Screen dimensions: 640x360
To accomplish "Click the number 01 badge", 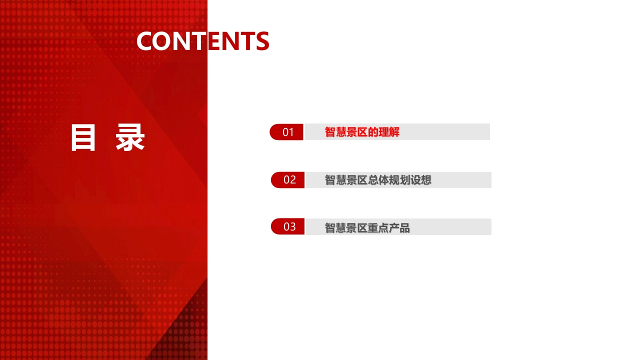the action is coord(286,132).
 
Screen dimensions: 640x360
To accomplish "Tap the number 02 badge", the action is coord(287,180).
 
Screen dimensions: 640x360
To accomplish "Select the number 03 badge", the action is coord(287,226).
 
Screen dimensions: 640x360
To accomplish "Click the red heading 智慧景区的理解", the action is coord(362,132).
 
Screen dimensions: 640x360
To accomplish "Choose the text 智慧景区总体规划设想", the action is coord(378,180).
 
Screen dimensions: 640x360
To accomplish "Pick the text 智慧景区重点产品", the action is coord(367,228).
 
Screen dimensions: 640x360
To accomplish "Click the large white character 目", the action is coord(83,137).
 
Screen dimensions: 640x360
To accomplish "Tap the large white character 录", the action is coord(130,137).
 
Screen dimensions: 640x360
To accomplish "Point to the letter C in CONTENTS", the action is coord(145,41).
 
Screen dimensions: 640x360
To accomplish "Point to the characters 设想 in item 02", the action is coord(420,180).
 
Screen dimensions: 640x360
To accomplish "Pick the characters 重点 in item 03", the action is coord(378,228).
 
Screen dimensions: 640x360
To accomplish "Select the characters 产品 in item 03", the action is coord(399,228).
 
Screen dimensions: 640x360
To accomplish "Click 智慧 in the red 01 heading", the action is coord(335,132).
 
